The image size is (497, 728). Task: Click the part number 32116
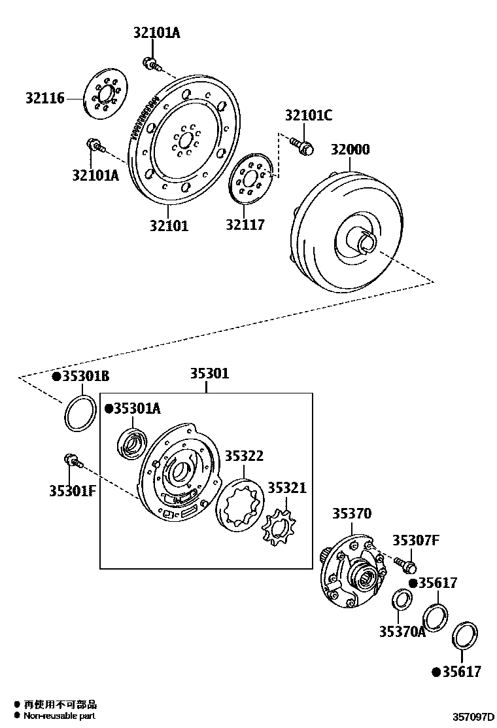(45, 98)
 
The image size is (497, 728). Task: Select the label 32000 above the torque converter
(349, 149)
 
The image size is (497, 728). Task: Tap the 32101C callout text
(308, 116)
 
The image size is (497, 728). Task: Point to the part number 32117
(245, 225)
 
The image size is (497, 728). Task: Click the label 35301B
(85, 376)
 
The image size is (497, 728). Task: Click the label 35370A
(402, 631)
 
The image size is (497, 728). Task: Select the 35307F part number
(415, 540)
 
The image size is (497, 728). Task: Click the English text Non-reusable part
(60, 716)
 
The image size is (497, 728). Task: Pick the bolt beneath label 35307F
(406, 562)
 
